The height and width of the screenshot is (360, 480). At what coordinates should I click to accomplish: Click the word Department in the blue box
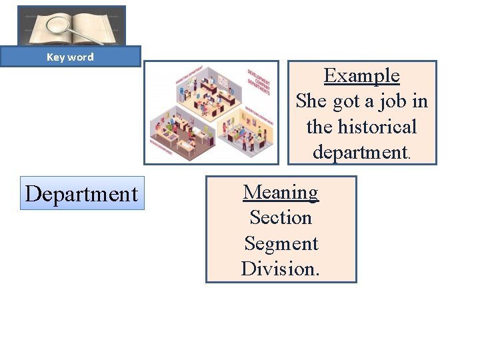[x=82, y=194]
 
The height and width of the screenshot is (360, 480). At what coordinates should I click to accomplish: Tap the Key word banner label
[x=70, y=57]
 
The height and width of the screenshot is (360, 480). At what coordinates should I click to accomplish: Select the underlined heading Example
[x=361, y=75]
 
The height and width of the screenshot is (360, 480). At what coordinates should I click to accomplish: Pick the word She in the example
[x=310, y=101]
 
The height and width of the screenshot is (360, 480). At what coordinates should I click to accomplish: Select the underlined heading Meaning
[x=281, y=192]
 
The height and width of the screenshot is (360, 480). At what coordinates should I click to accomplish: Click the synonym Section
[x=281, y=217]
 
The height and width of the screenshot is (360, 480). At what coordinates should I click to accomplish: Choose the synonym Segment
[x=281, y=243]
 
